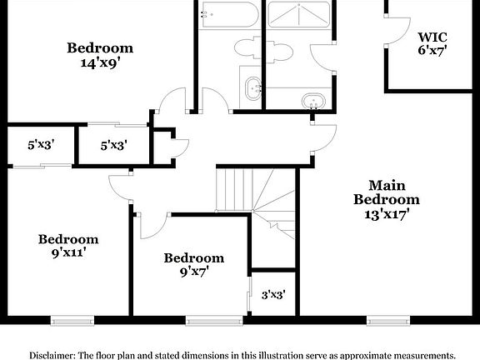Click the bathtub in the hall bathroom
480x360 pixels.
[231, 17]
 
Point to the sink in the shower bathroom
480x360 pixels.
[313, 100]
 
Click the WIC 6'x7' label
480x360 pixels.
[433, 43]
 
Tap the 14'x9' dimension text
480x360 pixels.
[100, 61]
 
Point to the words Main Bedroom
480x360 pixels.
[386, 192]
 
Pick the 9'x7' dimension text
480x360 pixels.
[193, 271]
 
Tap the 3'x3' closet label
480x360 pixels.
[272, 293]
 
